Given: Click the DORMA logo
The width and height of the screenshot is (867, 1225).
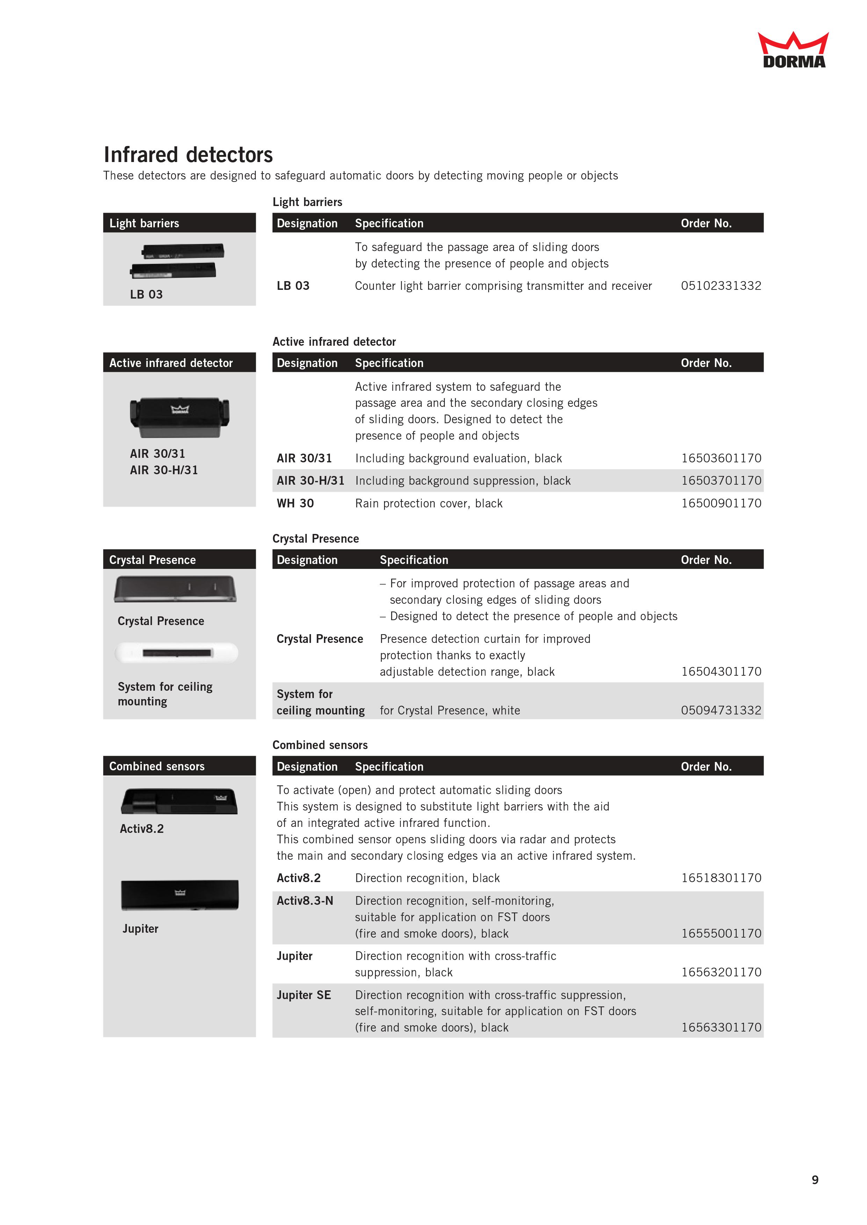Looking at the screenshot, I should point(793,51).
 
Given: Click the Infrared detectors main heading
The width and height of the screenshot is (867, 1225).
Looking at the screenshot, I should point(188,155).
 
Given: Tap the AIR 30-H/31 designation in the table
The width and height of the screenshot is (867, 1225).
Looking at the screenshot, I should point(310,481).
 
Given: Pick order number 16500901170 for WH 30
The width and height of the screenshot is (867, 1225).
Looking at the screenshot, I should point(721,503).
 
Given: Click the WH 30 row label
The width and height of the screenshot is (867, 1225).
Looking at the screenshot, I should point(295,503).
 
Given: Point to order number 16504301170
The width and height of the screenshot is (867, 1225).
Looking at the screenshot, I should point(721,672).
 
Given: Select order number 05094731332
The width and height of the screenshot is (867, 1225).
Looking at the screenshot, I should point(721,710).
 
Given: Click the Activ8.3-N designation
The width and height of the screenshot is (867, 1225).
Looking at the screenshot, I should point(305,901).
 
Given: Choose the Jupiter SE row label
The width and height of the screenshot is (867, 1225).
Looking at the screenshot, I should point(304,995).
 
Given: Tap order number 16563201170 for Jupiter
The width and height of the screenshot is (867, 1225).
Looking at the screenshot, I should point(721,972).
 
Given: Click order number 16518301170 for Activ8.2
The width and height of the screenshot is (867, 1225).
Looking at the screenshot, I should point(721,878).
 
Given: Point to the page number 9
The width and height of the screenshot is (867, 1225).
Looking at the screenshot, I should point(815,1180).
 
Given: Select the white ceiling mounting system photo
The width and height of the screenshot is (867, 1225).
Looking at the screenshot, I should point(177,653).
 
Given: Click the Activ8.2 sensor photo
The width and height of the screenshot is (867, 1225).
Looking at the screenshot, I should point(179,801).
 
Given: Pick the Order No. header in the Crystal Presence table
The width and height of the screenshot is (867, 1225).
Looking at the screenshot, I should point(706,560).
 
